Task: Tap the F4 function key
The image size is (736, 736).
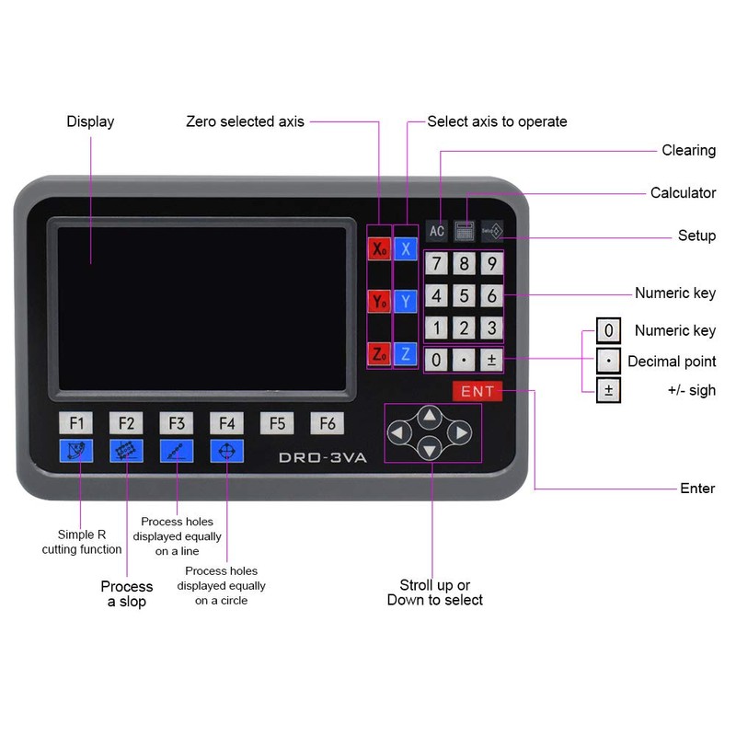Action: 226,423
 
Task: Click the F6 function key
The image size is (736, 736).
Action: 327,423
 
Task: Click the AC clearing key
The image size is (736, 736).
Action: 437,231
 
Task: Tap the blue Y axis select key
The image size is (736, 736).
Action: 406,301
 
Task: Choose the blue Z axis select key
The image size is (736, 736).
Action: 406,353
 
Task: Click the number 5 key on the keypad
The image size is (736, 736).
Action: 465,296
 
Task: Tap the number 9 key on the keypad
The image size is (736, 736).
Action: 492,265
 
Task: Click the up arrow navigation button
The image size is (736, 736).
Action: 429,416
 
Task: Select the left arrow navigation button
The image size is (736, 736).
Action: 398,432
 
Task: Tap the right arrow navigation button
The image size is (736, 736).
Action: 460,432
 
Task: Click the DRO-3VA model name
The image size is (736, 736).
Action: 323,457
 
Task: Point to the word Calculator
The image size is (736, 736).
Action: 683,193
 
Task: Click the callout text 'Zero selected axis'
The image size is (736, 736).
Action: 245,121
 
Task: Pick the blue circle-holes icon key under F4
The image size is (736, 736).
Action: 226,451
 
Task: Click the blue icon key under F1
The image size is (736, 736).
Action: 76,451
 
